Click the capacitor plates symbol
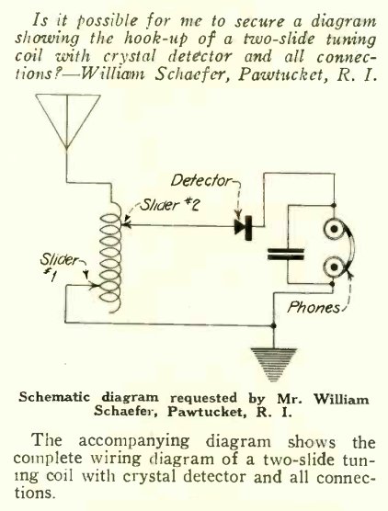286,255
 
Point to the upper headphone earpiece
334,229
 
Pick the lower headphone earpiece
334,267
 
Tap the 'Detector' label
201,180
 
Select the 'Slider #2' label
169,205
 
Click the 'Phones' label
314,307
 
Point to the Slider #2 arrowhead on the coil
126,224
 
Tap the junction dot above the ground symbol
273,325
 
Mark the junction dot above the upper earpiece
334,205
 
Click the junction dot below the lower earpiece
332,284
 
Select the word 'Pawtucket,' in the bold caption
205,413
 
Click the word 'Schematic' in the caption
54,398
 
